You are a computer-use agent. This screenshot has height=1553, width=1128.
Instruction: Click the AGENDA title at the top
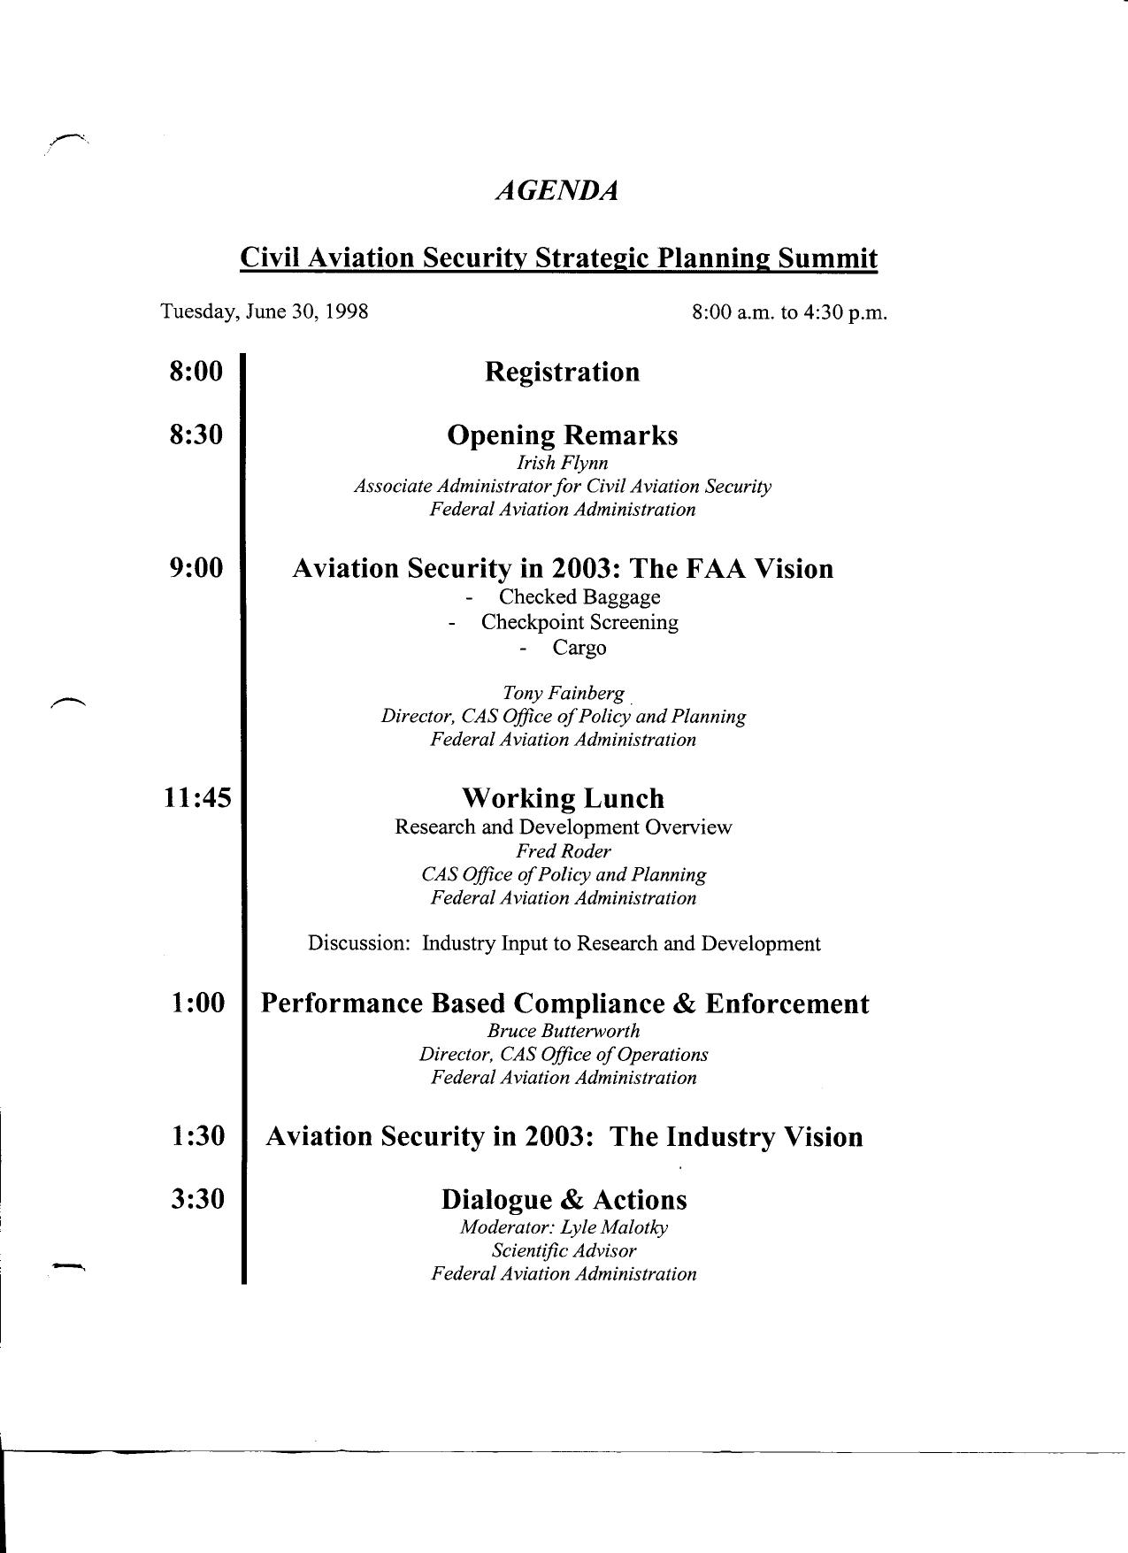tap(556, 191)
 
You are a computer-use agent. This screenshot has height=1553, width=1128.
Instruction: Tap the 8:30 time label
tap(196, 435)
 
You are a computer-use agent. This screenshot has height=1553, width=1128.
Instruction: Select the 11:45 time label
tap(196, 798)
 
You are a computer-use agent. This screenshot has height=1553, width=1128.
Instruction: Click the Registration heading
tap(562, 372)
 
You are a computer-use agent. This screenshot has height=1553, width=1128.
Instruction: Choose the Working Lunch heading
tap(563, 798)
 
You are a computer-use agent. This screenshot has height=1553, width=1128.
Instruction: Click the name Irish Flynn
tap(563, 463)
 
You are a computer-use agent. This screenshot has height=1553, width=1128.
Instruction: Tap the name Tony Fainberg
tap(563, 693)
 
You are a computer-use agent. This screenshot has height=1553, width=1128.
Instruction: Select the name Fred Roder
tap(564, 851)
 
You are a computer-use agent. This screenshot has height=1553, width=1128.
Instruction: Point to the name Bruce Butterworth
tap(564, 1031)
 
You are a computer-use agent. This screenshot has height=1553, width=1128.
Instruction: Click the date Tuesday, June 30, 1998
tap(265, 312)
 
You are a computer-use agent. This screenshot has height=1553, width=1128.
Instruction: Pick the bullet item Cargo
tap(579, 648)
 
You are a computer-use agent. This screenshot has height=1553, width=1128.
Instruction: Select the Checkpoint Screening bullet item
tap(579, 622)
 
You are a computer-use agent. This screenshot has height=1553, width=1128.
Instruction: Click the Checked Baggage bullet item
tap(579, 597)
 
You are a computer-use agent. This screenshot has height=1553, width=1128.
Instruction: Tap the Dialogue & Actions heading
tap(564, 1200)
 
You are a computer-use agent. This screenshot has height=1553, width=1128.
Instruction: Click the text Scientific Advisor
tap(564, 1250)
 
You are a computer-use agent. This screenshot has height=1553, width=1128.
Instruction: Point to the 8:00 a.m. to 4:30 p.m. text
tap(789, 313)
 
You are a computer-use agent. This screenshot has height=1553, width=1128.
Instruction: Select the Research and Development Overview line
tap(563, 827)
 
